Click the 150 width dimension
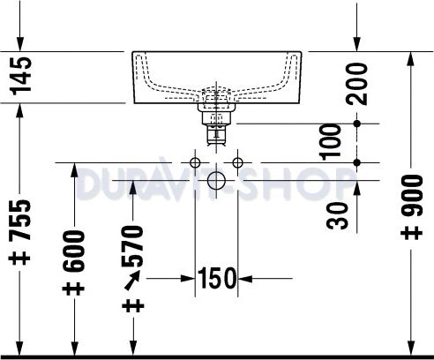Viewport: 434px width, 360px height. [217, 279]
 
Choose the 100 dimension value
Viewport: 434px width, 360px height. [331, 142]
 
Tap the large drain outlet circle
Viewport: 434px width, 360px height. [216, 184]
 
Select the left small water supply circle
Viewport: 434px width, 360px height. [195, 163]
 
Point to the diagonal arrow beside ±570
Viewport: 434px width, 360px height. [134, 281]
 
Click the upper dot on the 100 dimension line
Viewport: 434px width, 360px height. [356, 124]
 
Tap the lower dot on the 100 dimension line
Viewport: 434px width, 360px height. [356, 162]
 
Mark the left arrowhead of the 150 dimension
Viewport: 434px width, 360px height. [190, 279]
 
